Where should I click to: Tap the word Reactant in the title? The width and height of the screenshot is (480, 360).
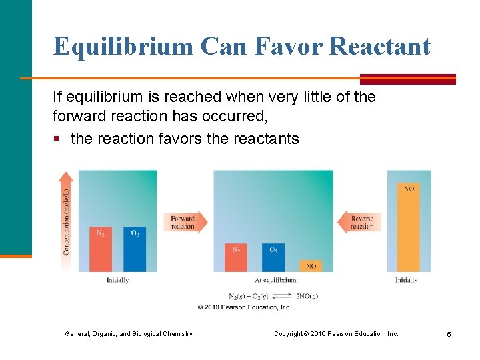[380, 47]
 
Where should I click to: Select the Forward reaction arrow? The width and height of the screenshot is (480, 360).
[185, 222]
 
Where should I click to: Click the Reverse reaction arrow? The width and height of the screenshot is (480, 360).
[359, 222]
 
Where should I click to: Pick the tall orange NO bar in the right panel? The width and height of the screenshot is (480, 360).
[409, 227]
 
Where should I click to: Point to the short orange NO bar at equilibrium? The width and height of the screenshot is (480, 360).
[311, 266]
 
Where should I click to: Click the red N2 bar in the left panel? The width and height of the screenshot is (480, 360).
[101, 249]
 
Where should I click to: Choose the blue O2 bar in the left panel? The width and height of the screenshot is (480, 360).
[135, 249]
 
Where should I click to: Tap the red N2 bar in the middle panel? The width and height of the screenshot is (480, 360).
[236, 257]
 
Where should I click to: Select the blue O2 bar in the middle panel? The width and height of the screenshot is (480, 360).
[273, 257]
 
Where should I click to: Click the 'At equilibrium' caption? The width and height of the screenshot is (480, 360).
[275, 280]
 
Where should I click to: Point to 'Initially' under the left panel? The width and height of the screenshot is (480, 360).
[117, 280]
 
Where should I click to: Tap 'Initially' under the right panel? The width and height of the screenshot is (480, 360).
[406, 280]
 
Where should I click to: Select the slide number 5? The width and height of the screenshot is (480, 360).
[449, 334]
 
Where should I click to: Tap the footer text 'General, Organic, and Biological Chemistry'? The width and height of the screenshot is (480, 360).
[129, 334]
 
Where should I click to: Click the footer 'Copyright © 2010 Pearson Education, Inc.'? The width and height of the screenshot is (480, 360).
[336, 334]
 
